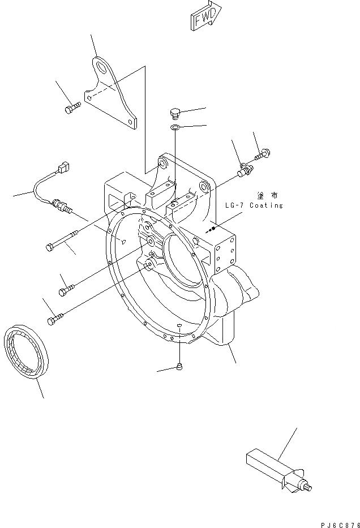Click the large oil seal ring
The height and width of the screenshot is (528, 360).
coord(26,353)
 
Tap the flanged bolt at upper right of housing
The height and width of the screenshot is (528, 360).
coord(262,152)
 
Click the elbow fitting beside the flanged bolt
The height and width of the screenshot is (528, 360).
coord(246,169)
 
